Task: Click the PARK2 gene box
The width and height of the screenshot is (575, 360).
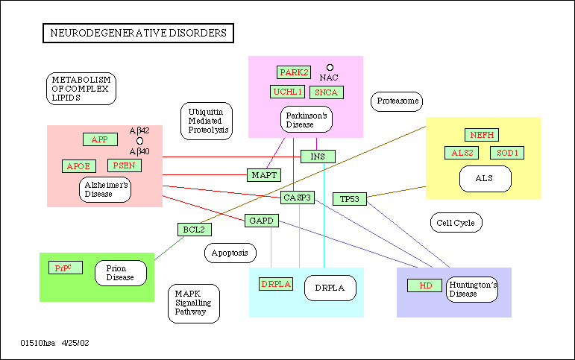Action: click(x=293, y=72)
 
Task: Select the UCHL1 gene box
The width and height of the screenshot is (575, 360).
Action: click(x=288, y=92)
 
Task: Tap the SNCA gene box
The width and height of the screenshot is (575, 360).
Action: click(x=326, y=92)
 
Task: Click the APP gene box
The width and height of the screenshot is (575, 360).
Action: click(x=100, y=139)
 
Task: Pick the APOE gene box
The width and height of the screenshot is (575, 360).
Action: click(x=79, y=165)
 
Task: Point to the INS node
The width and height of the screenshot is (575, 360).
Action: click(x=318, y=157)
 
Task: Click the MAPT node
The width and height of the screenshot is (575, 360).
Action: click(x=264, y=175)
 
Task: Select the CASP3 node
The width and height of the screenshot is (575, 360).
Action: click(x=298, y=198)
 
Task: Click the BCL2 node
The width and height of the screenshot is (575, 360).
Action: click(x=194, y=230)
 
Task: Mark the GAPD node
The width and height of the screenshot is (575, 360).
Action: click(x=261, y=221)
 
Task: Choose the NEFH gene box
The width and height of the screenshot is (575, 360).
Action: click(x=482, y=135)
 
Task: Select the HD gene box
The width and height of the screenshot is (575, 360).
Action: click(x=425, y=285)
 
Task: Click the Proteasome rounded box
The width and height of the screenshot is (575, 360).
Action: click(x=397, y=101)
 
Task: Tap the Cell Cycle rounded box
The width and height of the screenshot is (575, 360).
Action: click(x=456, y=222)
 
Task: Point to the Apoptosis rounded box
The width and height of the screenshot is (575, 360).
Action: click(x=230, y=253)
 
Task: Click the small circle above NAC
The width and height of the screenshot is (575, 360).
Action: click(x=330, y=67)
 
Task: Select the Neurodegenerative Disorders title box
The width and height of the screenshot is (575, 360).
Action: click(x=137, y=33)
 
